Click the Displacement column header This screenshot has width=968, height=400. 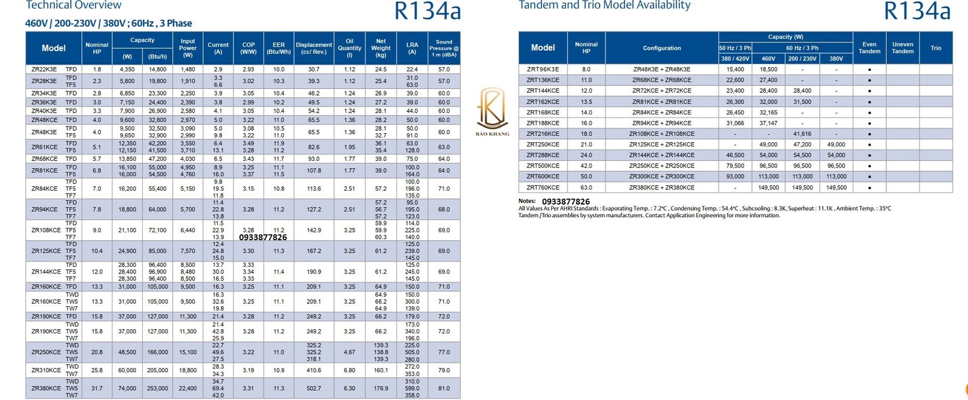pyautogui.click(x=313, y=48)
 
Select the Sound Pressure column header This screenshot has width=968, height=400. pyautogui.click(x=443, y=48)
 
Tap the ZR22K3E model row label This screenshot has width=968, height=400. pyautogui.click(x=44, y=70)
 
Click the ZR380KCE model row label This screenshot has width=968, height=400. pyautogui.click(x=46, y=389)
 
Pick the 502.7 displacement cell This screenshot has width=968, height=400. pyautogui.click(x=313, y=389)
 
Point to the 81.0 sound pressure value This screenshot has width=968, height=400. pyautogui.click(x=443, y=389)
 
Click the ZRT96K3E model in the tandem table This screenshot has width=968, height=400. pyautogui.click(x=543, y=70)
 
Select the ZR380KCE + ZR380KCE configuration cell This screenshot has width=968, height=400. pyautogui.click(x=661, y=188)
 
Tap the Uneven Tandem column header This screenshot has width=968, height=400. pyautogui.click(x=902, y=48)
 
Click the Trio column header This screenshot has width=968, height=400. pyautogui.click(x=935, y=48)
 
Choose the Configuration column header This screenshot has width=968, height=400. pyautogui.click(x=661, y=48)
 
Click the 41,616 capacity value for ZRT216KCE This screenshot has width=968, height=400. pyautogui.click(x=802, y=134)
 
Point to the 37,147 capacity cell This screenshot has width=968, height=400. pyautogui.click(x=768, y=123)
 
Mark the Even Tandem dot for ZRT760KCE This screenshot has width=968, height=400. pyautogui.click(x=869, y=188)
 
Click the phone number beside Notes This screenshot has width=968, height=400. pyautogui.click(x=565, y=202)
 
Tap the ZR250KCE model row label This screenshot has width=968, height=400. pyautogui.click(x=46, y=352)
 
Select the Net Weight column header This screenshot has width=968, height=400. pyautogui.click(x=381, y=48)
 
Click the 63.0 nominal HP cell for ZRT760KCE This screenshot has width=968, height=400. pyautogui.click(x=586, y=188)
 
